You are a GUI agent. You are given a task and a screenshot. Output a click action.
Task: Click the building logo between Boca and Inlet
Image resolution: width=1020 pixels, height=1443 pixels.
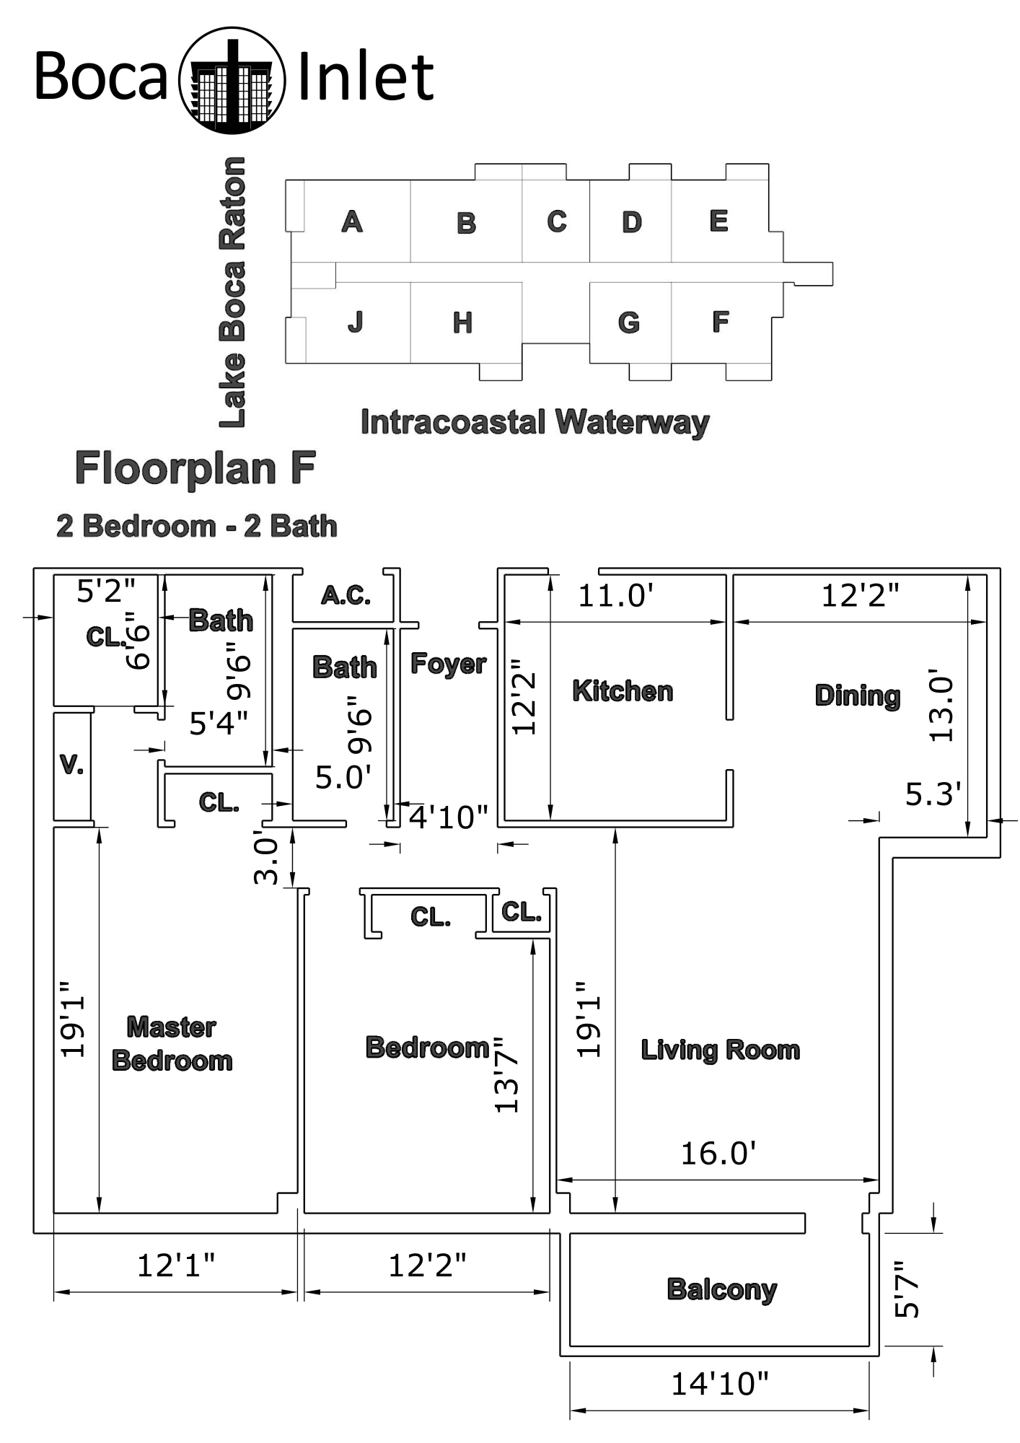pos(232,80)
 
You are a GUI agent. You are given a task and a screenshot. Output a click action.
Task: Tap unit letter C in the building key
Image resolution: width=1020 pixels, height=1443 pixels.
pos(556,222)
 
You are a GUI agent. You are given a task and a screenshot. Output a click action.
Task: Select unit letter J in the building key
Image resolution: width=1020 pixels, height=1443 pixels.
pos(355,322)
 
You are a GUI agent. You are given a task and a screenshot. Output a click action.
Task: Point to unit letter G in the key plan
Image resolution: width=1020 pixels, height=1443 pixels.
pos(629,323)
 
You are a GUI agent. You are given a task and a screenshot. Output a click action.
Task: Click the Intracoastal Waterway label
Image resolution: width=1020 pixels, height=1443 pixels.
pos(535,422)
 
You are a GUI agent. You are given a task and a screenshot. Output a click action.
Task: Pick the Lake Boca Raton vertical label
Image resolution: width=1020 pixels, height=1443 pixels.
pos(233,292)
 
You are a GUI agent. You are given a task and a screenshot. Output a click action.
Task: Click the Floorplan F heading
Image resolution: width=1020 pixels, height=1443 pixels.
pos(195,468)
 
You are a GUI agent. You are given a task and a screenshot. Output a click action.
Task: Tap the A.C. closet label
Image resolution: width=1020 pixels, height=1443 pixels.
pos(346,596)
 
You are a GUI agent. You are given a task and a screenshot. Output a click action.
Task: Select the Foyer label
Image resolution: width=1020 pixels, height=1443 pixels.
pos(448,663)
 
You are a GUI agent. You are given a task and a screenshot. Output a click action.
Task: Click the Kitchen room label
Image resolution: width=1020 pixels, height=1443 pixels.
pos(623,691)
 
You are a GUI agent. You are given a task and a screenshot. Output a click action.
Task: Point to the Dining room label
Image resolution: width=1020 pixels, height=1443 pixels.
pos(858,696)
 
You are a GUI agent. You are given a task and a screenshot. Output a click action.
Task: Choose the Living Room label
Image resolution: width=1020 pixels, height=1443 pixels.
pos(721,1050)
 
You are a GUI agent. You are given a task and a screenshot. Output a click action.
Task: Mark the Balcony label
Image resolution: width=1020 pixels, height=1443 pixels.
pos(722,1289)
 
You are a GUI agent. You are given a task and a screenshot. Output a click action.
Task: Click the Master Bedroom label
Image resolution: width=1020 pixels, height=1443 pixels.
pos(172,1044)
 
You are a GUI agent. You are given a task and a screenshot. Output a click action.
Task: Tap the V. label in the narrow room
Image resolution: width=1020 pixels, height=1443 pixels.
pos(71,765)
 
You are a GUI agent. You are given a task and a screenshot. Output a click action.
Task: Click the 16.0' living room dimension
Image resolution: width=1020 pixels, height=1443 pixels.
pos(718,1154)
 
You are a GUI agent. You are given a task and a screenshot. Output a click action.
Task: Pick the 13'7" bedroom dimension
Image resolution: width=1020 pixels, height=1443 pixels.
pos(507,1074)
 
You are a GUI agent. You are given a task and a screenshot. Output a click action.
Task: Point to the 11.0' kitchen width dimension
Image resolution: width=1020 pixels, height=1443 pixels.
pos(616,597)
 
